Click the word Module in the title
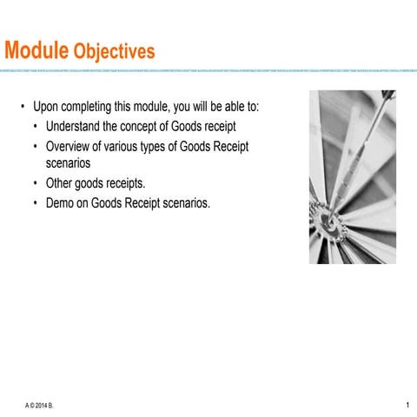(x=36, y=51)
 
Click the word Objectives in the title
(x=115, y=52)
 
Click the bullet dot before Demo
(x=36, y=203)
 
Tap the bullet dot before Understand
(x=36, y=127)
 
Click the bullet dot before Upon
(x=23, y=107)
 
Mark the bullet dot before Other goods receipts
(x=36, y=183)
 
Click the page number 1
(x=407, y=404)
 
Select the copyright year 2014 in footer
(x=42, y=405)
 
